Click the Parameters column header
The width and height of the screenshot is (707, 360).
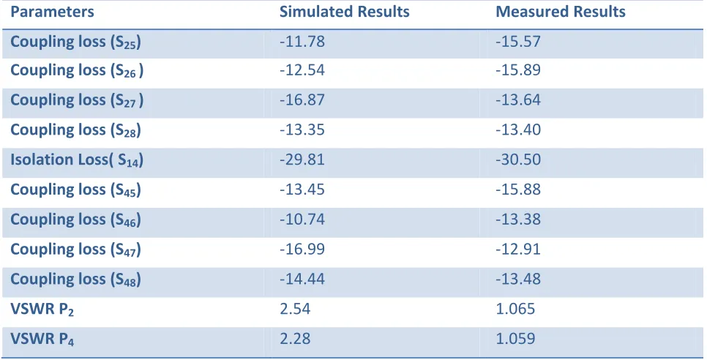coord(52,12)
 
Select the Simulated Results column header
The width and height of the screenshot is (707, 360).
coord(345,12)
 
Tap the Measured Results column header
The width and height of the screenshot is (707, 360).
coord(561,12)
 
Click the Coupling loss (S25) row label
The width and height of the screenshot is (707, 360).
coord(76,42)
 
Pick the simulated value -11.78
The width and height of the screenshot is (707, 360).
coord(302,42)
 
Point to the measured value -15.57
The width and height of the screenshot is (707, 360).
coord(518,42)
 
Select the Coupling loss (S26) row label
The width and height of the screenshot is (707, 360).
coord(77,71)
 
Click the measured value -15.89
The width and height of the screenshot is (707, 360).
coord(518,70)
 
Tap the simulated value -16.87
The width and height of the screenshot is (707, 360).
coord(302,100)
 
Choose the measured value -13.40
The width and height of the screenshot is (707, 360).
coord(518,130)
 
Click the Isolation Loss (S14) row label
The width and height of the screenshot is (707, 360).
coord(77,160)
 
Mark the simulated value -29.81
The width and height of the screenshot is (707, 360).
coord(302,160)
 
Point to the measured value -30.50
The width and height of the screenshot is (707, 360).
coord(518,160)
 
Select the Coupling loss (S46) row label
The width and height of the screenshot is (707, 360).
coord(76,220)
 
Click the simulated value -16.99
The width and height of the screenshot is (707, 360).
coord(302,250)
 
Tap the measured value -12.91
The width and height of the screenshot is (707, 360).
coord(518,250)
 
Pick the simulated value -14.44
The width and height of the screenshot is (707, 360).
coord(302,279)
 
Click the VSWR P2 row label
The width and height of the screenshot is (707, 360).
coord(42,310)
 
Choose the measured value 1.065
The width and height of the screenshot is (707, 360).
coord(515,309)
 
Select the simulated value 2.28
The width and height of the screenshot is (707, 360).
coord(295,339)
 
